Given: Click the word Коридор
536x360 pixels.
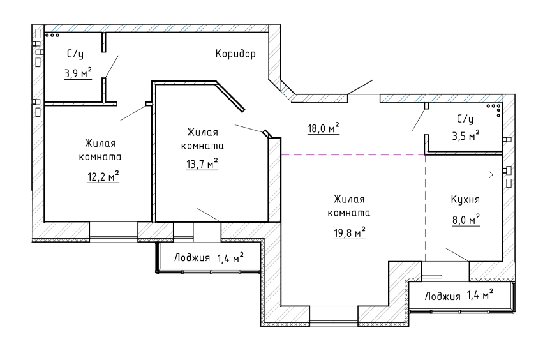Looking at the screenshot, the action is [x=235, y=54].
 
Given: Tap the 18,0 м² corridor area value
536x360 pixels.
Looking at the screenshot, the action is [x=324, y=128].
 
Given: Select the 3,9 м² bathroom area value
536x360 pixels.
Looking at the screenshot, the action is [x=78, y=73].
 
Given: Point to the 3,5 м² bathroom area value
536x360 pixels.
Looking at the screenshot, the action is [x=466, y=136].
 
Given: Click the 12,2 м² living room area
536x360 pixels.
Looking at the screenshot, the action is [x=103, y=177].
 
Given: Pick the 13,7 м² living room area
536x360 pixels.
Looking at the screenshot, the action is [x=202, y=164].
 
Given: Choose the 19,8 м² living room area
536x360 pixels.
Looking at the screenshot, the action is [x=350, y=233].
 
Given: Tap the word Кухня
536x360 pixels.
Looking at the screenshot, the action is [x=465, y=200].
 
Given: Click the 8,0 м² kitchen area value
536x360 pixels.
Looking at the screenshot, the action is [x=466, y=220].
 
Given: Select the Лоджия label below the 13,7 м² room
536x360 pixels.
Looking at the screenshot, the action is [x=192, y=258].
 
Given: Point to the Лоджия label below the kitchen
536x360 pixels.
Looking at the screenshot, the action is [x=443, y=296].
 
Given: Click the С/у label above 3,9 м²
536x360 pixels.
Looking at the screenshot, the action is [x=75, y=54].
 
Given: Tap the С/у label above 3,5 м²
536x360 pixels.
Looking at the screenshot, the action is [x=465, y=119].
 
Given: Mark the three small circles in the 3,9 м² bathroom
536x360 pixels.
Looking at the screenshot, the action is [x=52, y=35].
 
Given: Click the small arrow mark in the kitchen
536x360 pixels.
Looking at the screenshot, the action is [x=491, y=175].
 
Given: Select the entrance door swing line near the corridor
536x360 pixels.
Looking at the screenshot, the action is [x=361, y=87].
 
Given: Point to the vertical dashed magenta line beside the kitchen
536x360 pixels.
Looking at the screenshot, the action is [x=425, y=208].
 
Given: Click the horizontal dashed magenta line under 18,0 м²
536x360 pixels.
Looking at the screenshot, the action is [x=353, y=155].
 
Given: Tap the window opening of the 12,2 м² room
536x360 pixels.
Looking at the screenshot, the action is [x=114, y=232].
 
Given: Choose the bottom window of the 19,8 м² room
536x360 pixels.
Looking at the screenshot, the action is [x=334, y=315].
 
